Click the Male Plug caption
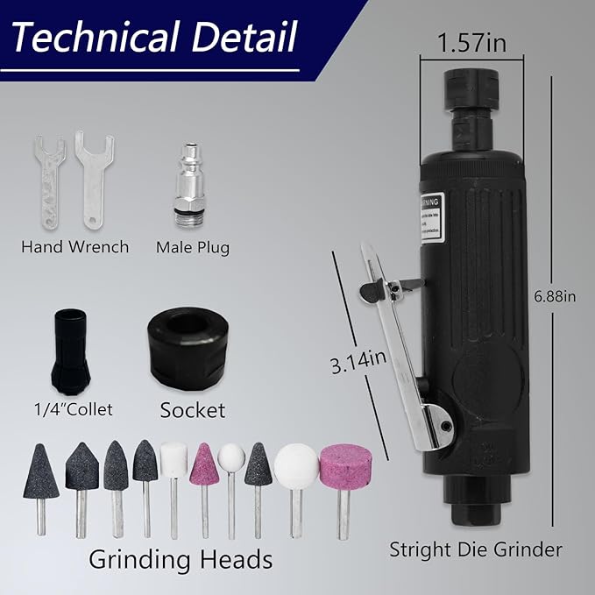192,247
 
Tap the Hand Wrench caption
75,247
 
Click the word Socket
192,409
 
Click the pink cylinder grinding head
338,468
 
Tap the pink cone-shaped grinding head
203,464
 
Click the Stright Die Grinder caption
476,549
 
